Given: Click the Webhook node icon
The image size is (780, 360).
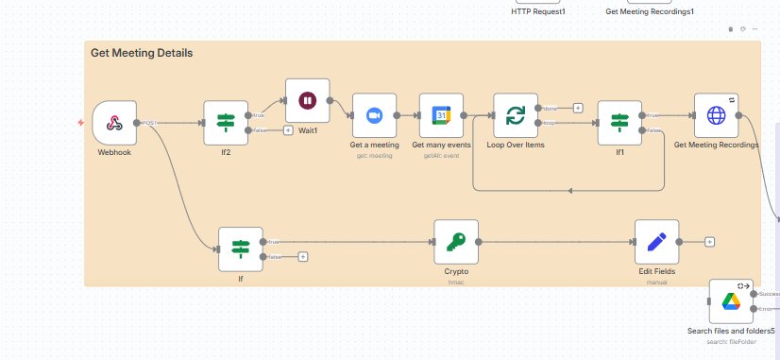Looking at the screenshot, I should [x=114, y=123].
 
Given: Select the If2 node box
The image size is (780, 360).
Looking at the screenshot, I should [x=226, y=123].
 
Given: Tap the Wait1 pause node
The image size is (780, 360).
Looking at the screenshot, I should [x=307, y=100].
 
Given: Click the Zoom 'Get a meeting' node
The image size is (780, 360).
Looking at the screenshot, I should [x=374, y=115].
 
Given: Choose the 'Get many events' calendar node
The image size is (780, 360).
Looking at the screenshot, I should [x=441, y=115].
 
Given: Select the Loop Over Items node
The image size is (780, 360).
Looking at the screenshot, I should [x=516, y=115].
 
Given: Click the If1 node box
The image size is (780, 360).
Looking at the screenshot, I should [x=619, y=123].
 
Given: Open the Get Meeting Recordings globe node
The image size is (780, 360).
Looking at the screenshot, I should [x=716, y=115].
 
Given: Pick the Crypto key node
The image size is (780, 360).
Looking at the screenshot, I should [x=456, y=242].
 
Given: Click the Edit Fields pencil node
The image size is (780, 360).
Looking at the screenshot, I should [x=657, y=242].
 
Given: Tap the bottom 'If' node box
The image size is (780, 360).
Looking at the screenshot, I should [x=240, y=249].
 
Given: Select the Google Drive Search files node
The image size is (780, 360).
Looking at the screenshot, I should [x=730, y=301].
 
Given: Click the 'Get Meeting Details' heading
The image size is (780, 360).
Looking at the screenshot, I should [x=142, y=54].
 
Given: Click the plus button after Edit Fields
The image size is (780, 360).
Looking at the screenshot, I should [x=709, y=242].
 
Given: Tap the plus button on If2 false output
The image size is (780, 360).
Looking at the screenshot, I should [x=288, y=130].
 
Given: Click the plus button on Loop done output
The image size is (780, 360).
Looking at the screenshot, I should [x=578, y=108].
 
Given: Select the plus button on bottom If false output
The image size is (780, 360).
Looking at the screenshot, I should [x=302, y=256].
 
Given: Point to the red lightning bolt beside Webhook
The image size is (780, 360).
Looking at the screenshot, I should [x=82, y=124].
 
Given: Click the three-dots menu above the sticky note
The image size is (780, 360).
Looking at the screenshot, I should [x=755, y=29].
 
